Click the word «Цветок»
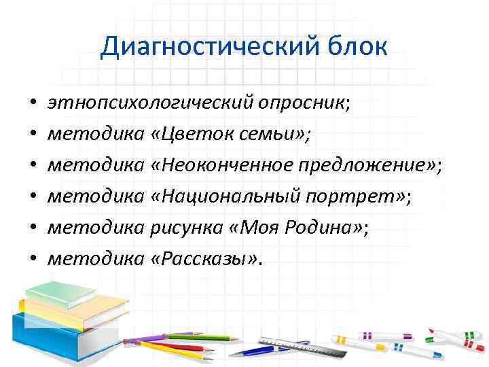point(196,134)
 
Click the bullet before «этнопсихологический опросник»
point(32,104)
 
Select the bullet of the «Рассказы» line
point(32,259)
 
